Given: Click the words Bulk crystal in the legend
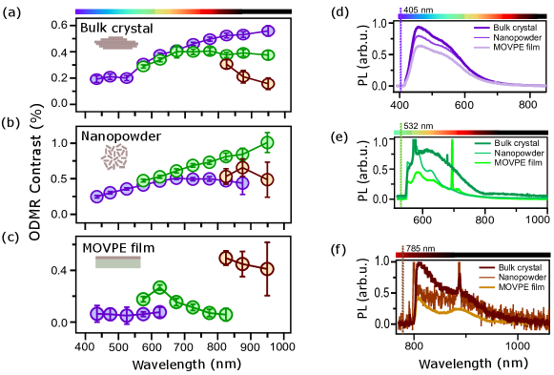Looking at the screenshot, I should [x=515, y=28].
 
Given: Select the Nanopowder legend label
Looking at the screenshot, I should [x=517, y=37].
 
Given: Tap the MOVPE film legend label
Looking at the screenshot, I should [x=517, y=47].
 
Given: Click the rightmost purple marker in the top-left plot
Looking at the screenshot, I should [x=268, y=31].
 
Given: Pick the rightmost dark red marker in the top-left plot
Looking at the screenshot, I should [x=268, y=84].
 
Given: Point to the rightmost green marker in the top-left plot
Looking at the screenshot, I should [x=268, y=54].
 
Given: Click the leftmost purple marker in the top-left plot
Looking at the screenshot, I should [x=96, y=79].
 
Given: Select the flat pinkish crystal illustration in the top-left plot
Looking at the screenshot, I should [x=116, y=43].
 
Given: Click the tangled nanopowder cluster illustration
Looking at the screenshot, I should [x=115, y=156].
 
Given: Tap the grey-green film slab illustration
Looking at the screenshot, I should [x=118, y=262].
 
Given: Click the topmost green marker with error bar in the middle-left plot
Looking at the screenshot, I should [x=267, y=142].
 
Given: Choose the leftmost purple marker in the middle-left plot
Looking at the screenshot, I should [x=96, y=197].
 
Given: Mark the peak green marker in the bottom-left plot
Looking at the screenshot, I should [x=159, y=286].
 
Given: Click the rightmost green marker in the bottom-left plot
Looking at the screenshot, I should [x=226, y=314].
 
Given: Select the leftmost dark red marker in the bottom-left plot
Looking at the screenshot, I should [x=226, y=258].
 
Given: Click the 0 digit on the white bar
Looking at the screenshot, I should [x=53, y=271].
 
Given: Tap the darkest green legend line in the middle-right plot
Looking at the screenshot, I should [x=482, y=144].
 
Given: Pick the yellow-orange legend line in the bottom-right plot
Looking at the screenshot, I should [x=486, y=287].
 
